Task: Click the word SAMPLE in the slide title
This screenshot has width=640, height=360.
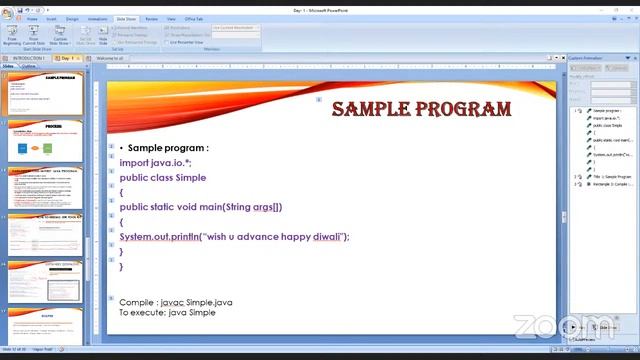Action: (x=371, y=109)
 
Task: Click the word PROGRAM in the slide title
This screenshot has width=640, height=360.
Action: (x=462, y=109)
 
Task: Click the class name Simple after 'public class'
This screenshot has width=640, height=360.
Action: (x=191, y=177)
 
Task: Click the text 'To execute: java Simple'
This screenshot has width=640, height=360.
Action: (x=167, y=313)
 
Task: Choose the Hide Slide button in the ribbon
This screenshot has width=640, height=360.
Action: (x=102, y=37)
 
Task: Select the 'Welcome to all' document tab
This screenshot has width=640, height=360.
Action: (x=110, y=58)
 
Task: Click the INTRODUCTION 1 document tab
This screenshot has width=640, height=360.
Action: (x=25, y=58)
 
